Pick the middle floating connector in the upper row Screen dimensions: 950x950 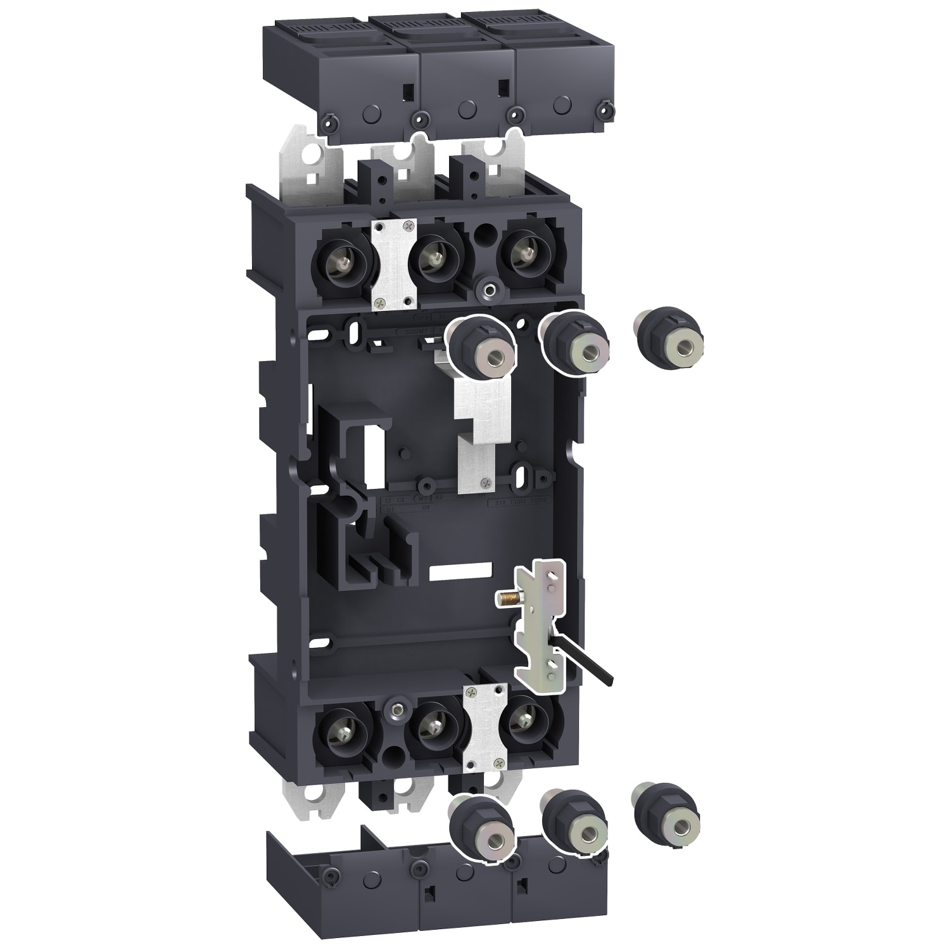pyautogui.click(x=573, y=345)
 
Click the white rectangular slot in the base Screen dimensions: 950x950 pyautogui.click(x=460, y=572)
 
